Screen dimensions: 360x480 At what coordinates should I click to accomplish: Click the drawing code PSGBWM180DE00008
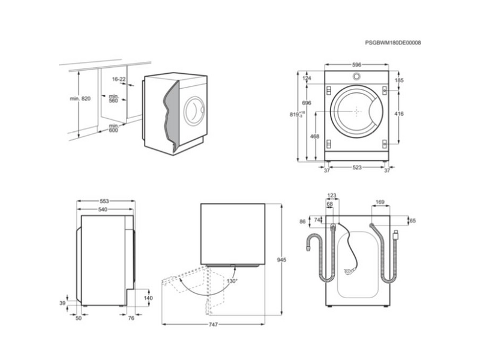[393, 43]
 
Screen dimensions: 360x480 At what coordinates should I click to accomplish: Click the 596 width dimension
[356, 65]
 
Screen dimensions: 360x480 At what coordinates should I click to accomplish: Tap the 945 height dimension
[281, 260]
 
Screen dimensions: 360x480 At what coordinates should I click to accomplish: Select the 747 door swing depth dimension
[214, 325]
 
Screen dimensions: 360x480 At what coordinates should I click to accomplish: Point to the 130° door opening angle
[231, 281]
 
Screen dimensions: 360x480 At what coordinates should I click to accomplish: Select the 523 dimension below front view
[356, 168]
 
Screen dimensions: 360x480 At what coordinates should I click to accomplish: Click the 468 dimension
[314, 137]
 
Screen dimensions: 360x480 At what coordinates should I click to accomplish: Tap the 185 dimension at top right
[399, 79]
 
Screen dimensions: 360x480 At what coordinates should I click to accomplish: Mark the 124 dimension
[307, 79]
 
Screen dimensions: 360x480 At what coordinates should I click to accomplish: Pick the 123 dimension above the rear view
[333, 196]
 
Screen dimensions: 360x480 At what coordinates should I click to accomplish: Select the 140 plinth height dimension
[149, 298]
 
